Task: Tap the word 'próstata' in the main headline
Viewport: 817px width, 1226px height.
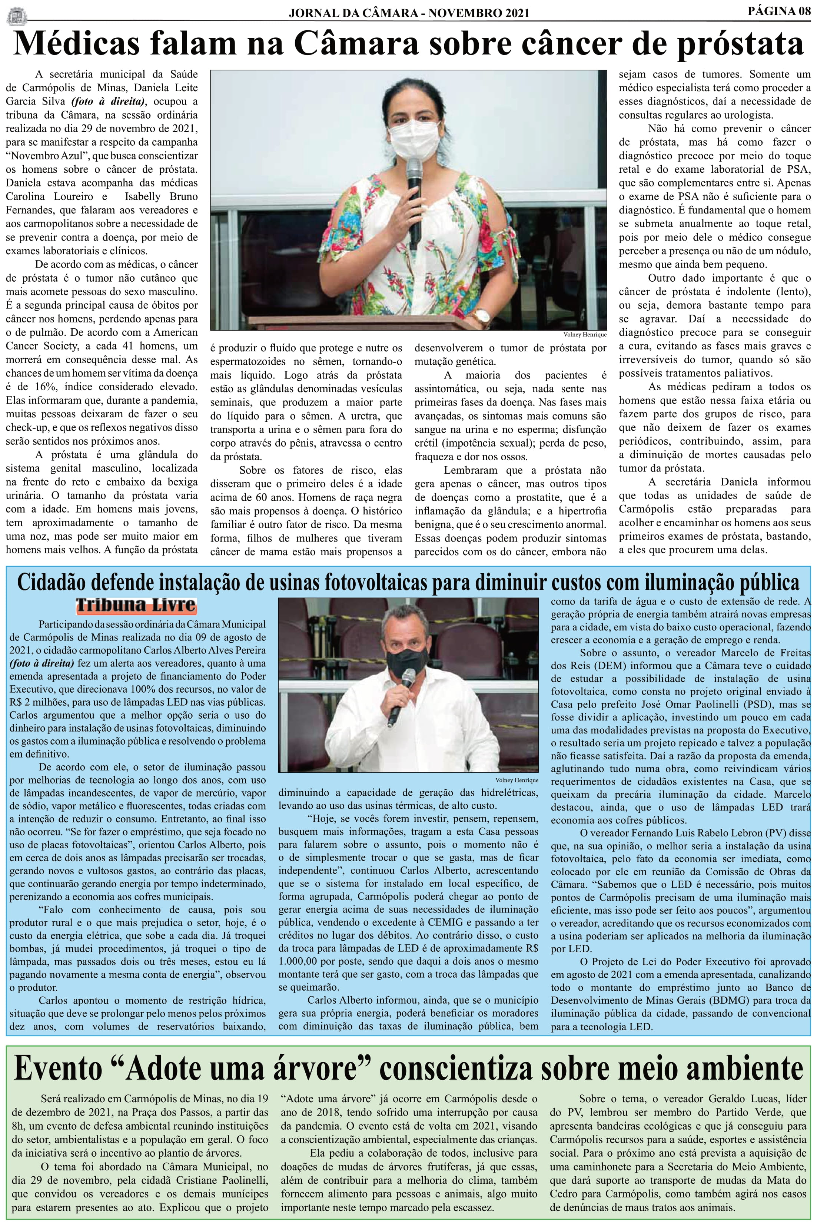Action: click(726, 44)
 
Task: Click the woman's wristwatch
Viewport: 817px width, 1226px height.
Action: click(484, 315)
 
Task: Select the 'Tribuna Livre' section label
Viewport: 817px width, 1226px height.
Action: click(136, 605)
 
